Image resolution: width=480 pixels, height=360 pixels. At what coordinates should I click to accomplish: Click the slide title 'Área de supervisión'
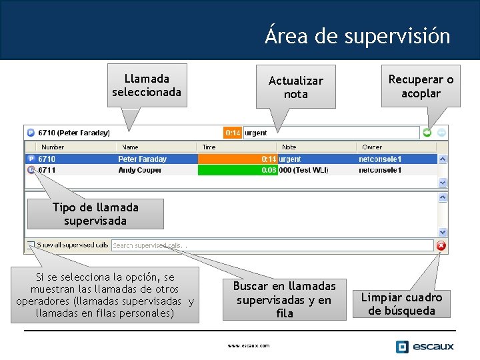pyautogui.click(x=357, y=35)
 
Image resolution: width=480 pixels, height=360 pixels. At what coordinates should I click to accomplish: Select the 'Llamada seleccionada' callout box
pyautogui.click(x=146, y=85)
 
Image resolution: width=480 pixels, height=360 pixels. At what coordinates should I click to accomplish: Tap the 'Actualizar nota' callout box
pyautogui.click(x=295, y=87)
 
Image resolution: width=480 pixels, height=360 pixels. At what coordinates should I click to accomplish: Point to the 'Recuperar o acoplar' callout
pyautogui.click(x=421, y=86)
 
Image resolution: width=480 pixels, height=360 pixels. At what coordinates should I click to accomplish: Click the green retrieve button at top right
pyautogui.click(x=427, y=133)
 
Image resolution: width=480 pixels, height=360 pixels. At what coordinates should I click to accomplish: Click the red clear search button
pyautogui.click(x=441, y=245)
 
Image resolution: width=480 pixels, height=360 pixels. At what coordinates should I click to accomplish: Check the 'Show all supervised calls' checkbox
pyautogui.click(x=31, y=245)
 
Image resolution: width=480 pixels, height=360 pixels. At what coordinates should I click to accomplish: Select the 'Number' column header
pyautogui.click(x=53, y=147)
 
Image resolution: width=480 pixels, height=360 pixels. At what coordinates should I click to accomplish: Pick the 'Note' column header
pyautogui.click(x=289, y=147)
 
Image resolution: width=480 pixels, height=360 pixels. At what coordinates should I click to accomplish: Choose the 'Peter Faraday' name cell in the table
pyautogui.click(x=143, y=159)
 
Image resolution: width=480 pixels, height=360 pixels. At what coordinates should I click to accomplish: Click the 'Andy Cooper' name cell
pyautogui.click(x=140, y=170)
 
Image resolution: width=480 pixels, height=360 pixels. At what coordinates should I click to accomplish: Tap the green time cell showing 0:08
pyautogui.click(x=237, y=170)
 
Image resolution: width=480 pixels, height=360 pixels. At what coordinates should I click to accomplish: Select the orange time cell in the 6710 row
pyautogui.click(x=237, y=159)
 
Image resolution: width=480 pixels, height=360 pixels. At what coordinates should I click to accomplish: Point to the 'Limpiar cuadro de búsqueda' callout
pyautogui.click(x=401, y=304)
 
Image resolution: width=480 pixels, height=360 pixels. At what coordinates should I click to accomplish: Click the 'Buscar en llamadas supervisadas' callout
pyautogui.click(x=284, y=299)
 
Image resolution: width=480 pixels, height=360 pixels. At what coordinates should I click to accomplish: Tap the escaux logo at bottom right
pyautogui.click(x=424, y=347)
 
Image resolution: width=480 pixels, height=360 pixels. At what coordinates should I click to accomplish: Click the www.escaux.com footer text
pyautogui.click(x=248, y=345)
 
